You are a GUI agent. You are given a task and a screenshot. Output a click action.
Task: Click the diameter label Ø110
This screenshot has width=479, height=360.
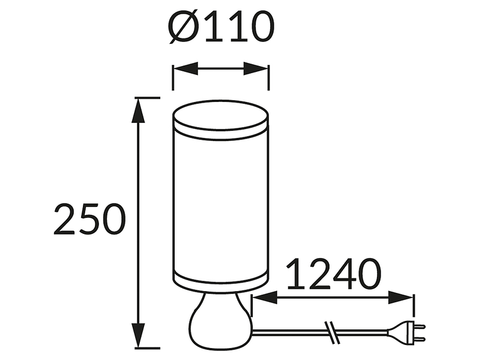point(221,27)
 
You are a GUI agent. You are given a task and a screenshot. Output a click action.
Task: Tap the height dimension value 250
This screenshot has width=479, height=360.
point(90,219)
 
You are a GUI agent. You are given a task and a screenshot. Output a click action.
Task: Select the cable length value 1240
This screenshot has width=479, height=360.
point(334,274)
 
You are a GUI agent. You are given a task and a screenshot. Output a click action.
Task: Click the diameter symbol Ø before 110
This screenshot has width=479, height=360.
point(184,27)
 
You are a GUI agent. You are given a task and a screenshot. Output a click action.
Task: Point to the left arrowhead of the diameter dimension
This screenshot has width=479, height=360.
point(185,69)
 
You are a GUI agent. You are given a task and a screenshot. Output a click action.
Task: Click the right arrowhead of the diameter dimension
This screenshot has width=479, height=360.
point(256,69)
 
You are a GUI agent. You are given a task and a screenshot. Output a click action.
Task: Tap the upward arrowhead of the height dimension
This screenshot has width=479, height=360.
point(138,110)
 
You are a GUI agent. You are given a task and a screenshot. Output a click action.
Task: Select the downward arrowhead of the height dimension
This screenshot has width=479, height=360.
point(138,335)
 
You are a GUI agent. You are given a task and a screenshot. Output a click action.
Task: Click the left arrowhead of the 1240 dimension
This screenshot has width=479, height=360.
point(264,298)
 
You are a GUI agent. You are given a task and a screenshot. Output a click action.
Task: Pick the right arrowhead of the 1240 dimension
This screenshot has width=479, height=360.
point(401,298)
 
